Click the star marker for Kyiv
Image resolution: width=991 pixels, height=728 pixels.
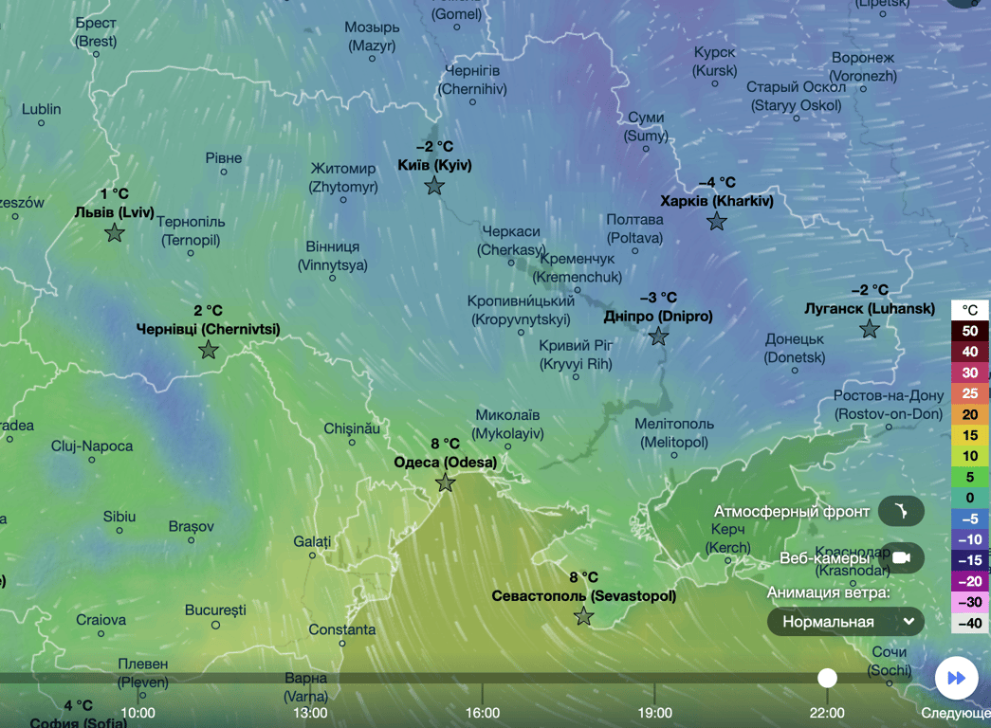click(x=434, y=187)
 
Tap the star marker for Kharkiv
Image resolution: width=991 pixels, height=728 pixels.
click(x=717, y=222)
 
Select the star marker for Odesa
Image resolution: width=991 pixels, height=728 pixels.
click(x=445, y=483)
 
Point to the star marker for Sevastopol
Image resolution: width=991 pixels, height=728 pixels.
click(x=584, y=617)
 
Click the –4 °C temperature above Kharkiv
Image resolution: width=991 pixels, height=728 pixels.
click(x=717, y=183)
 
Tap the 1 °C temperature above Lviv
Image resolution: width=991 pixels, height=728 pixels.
click(x=114, y=194)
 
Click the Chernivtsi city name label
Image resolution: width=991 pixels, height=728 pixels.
click(x=208, y=330)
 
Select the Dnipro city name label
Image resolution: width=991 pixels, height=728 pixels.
click(x=657, y=317)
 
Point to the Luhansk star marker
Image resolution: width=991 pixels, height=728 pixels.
click(x=870, y=330)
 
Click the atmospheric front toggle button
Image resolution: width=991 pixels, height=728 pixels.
click(x=901, y=512)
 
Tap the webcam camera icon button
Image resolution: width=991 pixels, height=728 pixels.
click(x=901, y=558)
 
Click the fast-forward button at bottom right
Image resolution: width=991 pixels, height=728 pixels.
click(x=957, y=678)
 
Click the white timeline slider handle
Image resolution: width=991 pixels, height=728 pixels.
click(x=828, y=678)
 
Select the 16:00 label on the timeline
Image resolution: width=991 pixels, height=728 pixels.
click(x=483, y=713)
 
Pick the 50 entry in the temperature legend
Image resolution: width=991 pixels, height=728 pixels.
click(x=970, y=332)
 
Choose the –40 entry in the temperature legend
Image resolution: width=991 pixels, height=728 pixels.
click(x=970, y=623)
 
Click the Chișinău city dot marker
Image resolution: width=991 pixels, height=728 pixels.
click(x=352, y=443)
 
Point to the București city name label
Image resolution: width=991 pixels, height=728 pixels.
click(x=215, y=610)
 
